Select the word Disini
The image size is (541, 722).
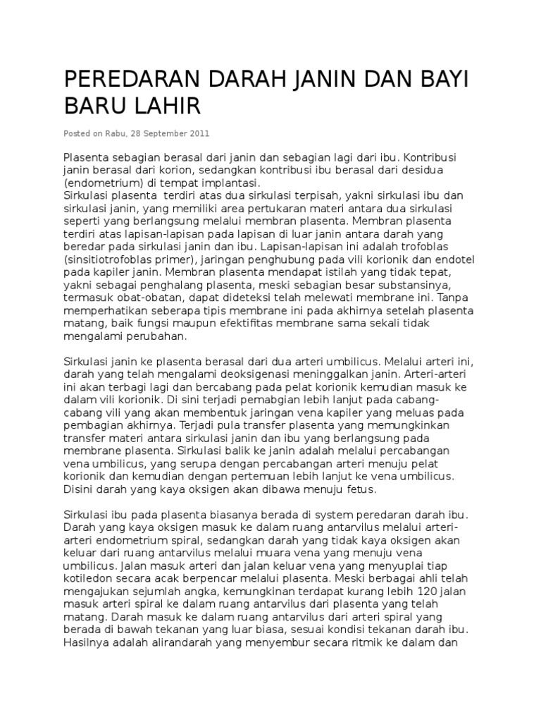tap(79, 489)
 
